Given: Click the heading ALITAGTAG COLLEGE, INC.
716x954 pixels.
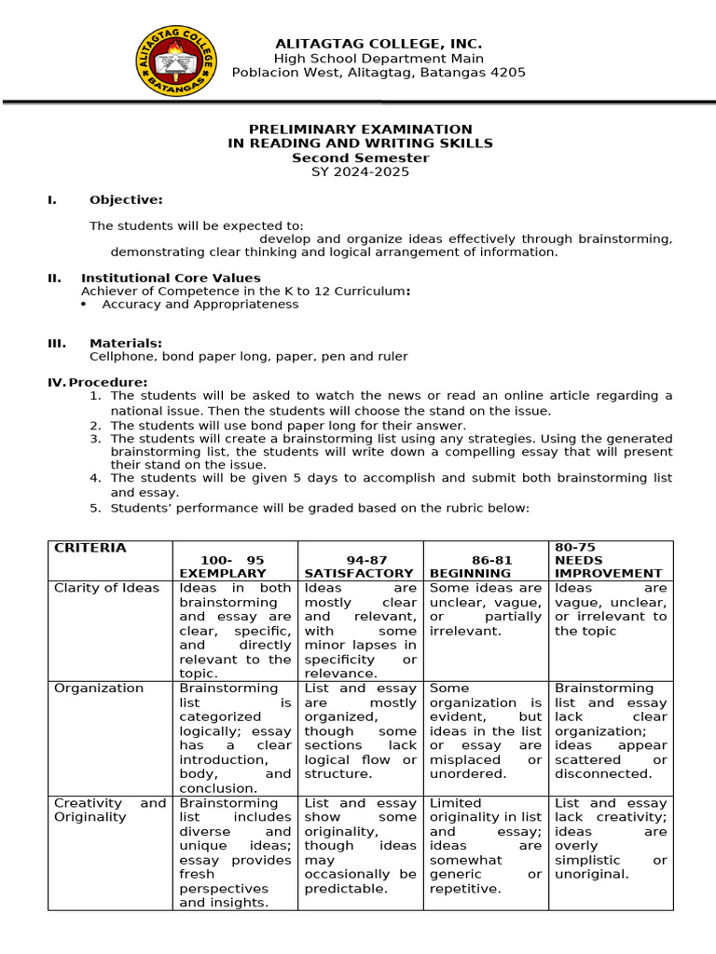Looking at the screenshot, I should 378,44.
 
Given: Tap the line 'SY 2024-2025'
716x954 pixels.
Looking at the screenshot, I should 360,171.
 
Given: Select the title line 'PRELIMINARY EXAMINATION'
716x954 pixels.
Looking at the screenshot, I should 360,129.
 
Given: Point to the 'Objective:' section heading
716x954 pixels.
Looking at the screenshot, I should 126,199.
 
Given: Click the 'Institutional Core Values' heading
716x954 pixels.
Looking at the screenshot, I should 171,278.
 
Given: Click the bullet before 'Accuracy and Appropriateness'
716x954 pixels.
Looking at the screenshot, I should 84,305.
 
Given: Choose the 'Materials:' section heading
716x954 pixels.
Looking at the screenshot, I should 125,343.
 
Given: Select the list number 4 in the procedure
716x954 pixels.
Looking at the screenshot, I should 94,478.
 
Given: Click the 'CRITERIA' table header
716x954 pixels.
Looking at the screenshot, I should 89,548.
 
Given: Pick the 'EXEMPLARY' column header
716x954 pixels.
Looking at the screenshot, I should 222,573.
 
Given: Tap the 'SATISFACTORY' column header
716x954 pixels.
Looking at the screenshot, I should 358,573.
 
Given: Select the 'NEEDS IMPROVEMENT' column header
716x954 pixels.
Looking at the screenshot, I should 608,566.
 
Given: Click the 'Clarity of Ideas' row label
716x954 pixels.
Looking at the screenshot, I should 106,588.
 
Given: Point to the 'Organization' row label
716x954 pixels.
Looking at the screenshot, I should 99,688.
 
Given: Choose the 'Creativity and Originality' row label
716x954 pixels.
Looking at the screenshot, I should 109,810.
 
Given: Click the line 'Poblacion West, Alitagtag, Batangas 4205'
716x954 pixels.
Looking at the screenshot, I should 378,73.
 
